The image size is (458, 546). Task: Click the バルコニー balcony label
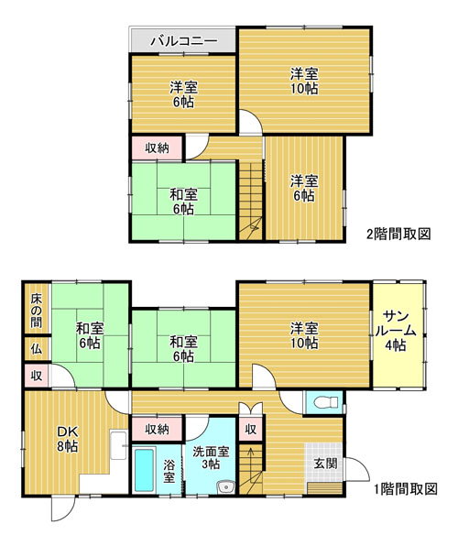tap(184, 41)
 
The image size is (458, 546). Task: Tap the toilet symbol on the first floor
tap(326, 403)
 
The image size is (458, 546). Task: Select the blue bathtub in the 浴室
tap(144, 469)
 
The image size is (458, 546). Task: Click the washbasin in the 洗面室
tap(226, 486)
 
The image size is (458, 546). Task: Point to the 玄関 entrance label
tap(325, 464)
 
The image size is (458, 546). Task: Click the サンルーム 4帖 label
tap(395, 331)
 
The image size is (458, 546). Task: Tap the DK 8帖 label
tap(68, 440)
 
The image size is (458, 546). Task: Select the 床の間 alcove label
tap(36, 311)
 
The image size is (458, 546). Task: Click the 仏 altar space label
tap(36, 349)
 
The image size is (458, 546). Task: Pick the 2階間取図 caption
tap(398, 234)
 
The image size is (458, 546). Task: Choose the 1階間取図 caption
tap(405, 489)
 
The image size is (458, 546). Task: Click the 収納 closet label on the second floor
tap(157, 148)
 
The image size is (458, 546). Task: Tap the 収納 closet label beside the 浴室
tap(157, 430)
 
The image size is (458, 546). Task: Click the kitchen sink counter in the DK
tap(119, 445)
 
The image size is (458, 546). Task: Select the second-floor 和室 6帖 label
tap(183, 202)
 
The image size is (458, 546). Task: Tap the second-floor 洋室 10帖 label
tap(304, 82)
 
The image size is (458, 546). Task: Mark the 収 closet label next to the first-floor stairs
tap(250, 430)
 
